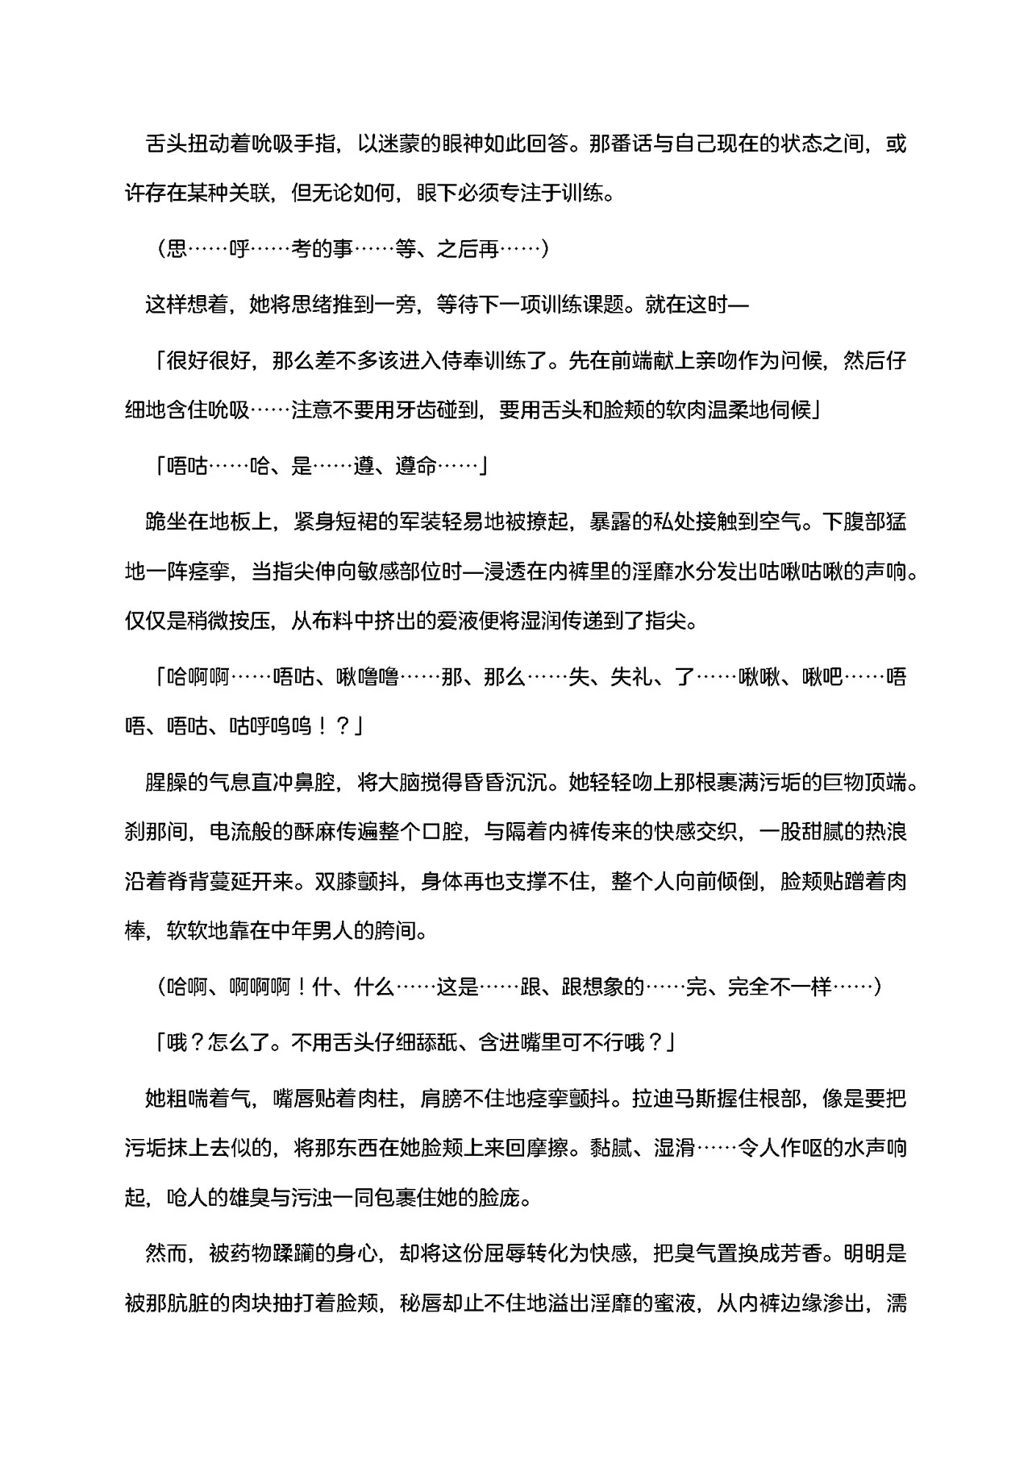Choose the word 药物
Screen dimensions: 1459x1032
(251, 1253)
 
